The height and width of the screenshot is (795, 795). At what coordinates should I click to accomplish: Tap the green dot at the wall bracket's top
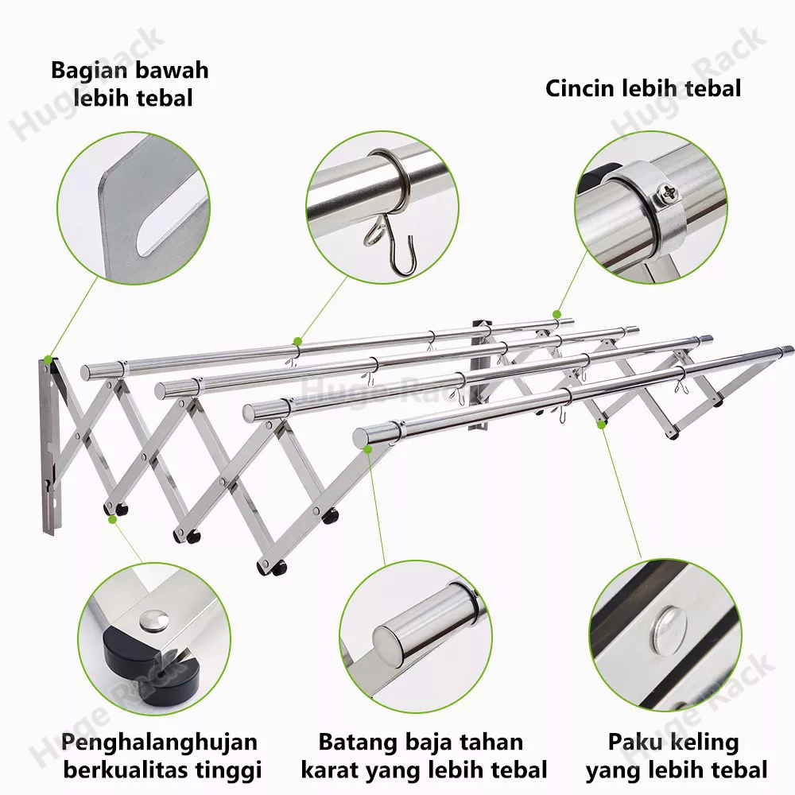point(48,359)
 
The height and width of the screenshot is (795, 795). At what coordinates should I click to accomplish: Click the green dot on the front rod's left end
point(368,449)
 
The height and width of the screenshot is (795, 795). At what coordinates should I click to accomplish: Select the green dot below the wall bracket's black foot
point(112,518)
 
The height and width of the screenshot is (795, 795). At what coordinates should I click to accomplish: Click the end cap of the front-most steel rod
point(362,436)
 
